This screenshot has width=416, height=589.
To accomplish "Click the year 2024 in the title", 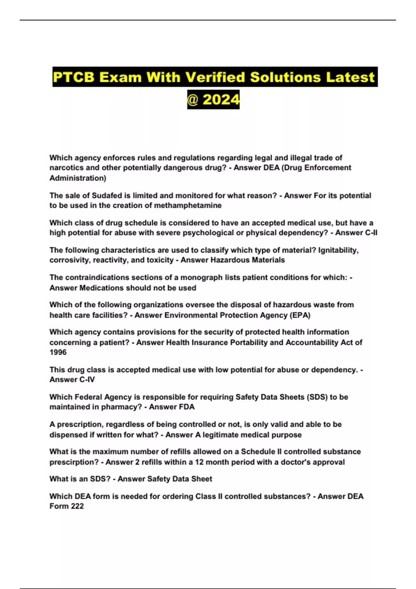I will click(x=221, y=100).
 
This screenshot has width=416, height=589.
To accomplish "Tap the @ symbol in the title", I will click(x=193, y=100).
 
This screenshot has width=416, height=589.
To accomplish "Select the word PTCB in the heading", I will click(x=74, y=77).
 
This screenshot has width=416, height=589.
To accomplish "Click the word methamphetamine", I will click(x=188, y=205).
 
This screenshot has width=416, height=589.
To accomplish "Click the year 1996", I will click(x=58, y=352).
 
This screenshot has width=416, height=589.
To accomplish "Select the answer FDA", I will click(x=186, y=407).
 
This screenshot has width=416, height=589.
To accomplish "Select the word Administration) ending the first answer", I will click(x=78, y=178).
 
